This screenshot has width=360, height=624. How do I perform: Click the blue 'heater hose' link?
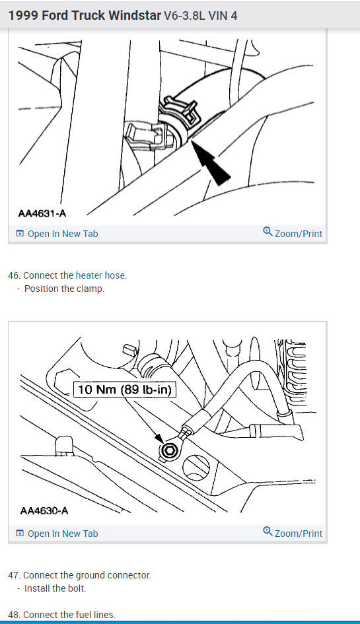point(101,275)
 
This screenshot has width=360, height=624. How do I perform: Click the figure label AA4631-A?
point(42,213)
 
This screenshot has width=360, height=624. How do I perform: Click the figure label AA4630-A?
point(44,510)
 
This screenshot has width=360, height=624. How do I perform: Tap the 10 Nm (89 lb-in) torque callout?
point(125,390)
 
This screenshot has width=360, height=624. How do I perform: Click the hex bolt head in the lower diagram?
point(167,451)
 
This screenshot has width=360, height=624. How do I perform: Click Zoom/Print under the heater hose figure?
point(298,234)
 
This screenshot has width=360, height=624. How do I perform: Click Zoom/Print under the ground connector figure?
point(298,534)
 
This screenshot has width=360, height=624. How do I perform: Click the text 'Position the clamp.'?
point(64,289)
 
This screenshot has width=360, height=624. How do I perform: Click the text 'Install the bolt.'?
point(55,588)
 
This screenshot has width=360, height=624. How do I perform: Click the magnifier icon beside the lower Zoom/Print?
point(268,532)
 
